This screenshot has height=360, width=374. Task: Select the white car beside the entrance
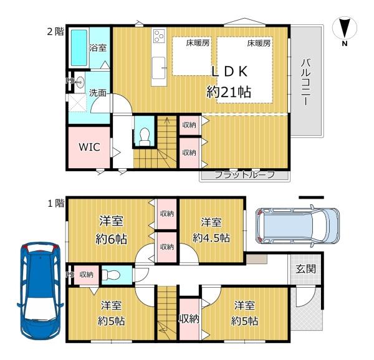(x=297, y=225)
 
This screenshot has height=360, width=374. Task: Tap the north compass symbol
(x=345, y=31)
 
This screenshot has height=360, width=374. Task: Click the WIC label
(x=89, y=147)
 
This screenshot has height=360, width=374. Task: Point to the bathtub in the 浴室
(x=79, y=48)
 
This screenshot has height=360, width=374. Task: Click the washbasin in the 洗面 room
(x=80, y=82)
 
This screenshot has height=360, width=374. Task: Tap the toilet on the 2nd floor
(x=145, y=137)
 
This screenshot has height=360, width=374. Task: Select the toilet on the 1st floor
(x=111, y=275)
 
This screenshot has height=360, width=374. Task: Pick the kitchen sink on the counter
(x=159, y=67)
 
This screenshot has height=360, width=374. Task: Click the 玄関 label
(x=306, y=268)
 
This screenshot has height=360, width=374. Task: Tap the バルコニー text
(x=305, y=82)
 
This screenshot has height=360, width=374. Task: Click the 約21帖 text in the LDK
(x=229, y=92)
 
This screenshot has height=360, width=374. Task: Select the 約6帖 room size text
(x=111, y=239)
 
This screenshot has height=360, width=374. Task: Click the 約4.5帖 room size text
(x=211, y=237)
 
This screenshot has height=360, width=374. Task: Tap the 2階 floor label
(x=55, y=31)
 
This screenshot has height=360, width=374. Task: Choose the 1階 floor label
(x=56, y=204)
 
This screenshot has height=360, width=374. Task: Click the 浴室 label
(x=98, y=48)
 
